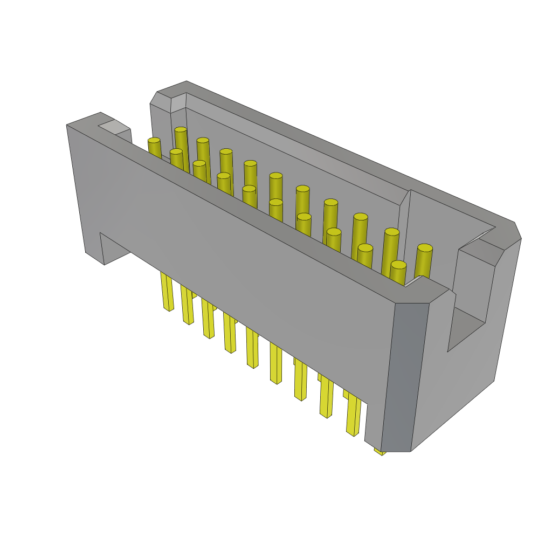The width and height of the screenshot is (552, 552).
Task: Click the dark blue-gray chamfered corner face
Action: [x=404, y=377]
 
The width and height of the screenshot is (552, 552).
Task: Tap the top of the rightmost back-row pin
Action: [x=425, y=248]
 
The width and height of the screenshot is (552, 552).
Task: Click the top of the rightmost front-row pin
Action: [x=398, y=265]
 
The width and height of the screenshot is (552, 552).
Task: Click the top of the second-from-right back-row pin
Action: [x=392, y=232]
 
